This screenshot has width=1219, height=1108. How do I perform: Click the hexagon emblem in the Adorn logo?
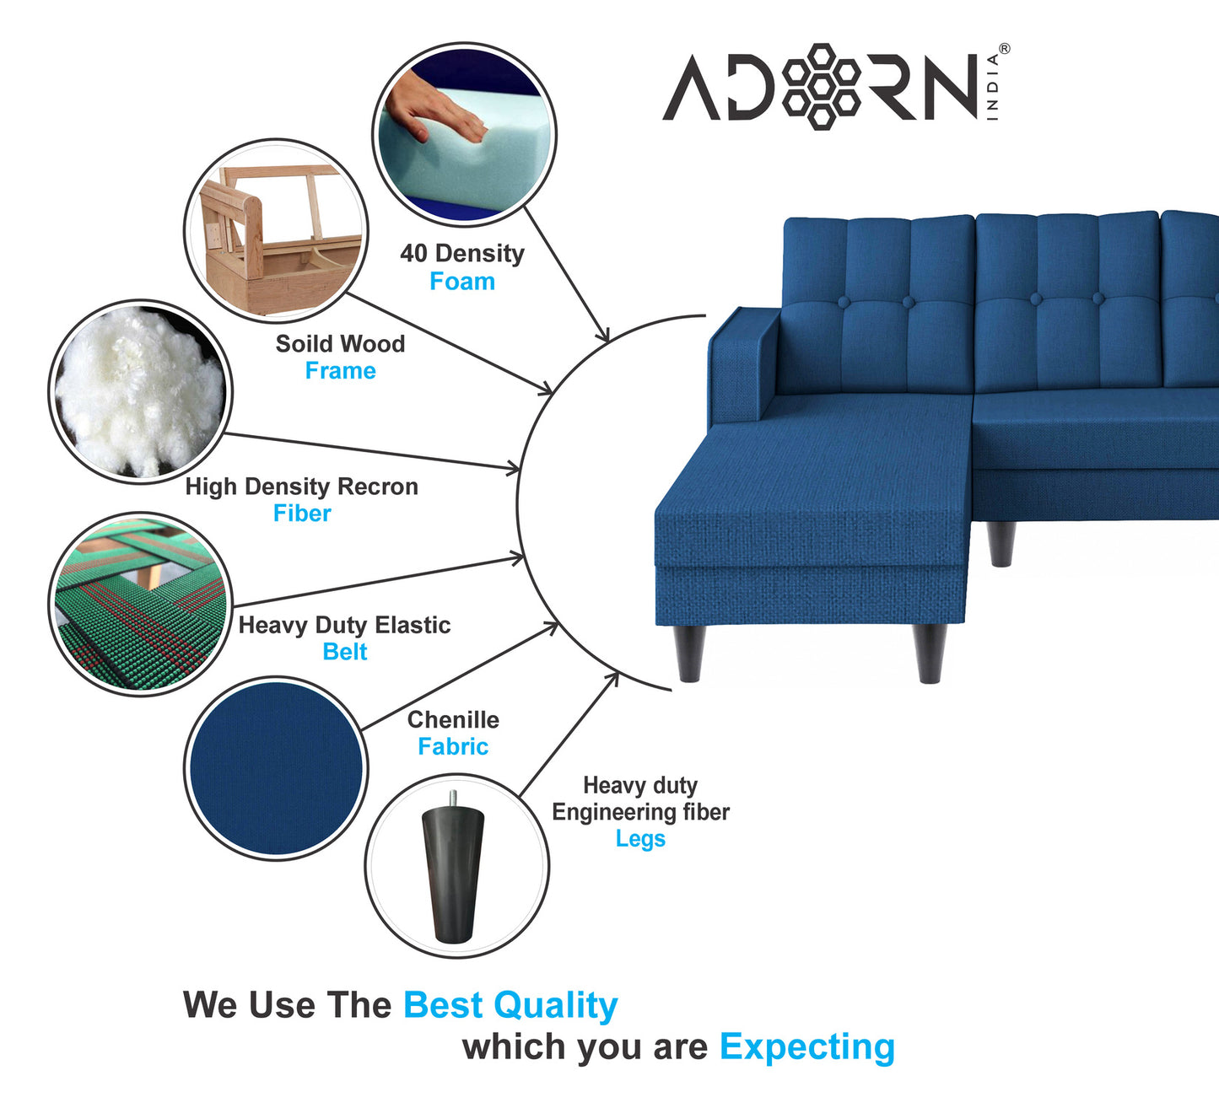click(x=821, y=86)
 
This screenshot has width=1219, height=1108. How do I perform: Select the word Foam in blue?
click(x=462, y=282)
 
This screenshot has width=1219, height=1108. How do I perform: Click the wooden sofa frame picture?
click(x=276, y=231)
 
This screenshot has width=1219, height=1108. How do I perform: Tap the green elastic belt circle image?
click(x=141, y=604)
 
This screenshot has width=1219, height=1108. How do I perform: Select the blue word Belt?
click(x=345, y=652)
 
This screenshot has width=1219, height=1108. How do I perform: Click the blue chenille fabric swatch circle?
click(x=275, y=768)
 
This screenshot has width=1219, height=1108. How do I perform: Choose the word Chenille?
click(x=453, y=720)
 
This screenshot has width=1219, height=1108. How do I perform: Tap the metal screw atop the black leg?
click(x=454, y=798)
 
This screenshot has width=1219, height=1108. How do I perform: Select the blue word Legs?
click(x=640, y=839)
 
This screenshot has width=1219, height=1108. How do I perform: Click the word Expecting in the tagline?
click(x=806, y=1046)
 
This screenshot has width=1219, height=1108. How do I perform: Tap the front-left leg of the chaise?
click(x=689, y=653)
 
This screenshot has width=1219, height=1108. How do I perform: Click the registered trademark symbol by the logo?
click(x=1004, y=49)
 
